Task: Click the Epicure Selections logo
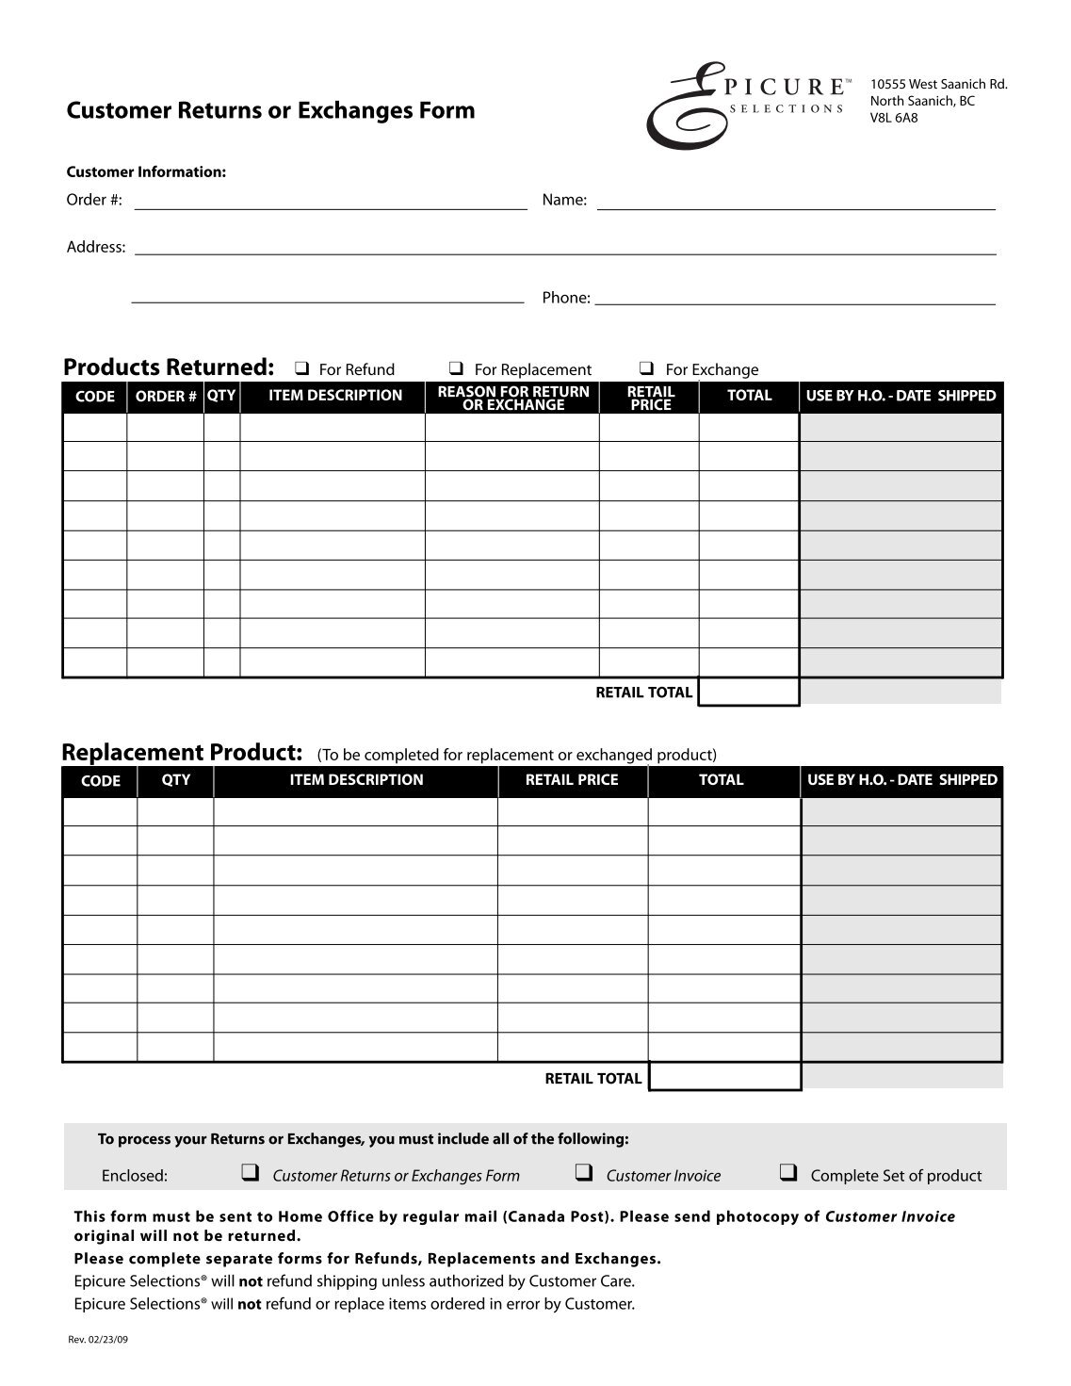[x=744, y=103]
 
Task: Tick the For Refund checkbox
[x=303, y=368]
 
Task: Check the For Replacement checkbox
[x=456, y=368]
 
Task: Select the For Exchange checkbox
[x=647, y=368]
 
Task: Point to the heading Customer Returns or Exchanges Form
[x=270, y=111]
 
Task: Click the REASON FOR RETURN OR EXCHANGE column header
[x=513, y=398]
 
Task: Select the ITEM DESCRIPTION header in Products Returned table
[x=334, y=396]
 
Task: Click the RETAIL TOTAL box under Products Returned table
[x=749, y=693]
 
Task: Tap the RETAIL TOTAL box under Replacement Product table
[x=724, y=1077]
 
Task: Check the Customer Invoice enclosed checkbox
[x=584, y=1173]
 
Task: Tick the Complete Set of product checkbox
[x=788, y=1173]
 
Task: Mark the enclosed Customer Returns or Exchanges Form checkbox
[x=251, y=1173]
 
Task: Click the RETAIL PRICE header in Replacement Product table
[x=572, y=780]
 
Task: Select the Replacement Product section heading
[x=182, y=752]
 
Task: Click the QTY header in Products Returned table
[x=221, y=396]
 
